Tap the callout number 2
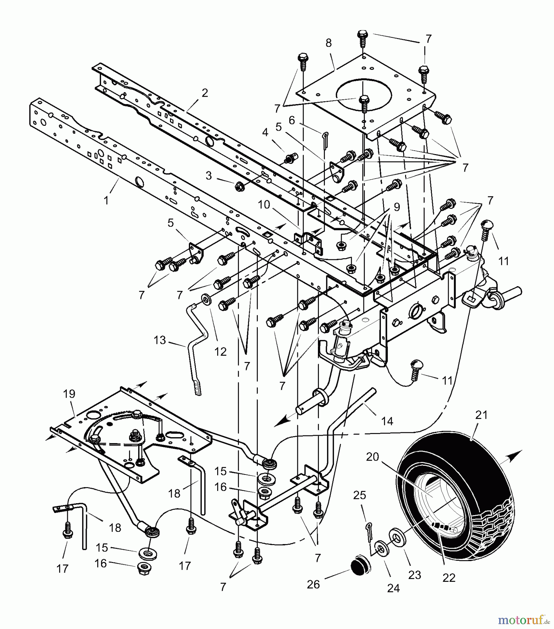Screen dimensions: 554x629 pos(205,93)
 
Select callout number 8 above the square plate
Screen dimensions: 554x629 pos(328,43)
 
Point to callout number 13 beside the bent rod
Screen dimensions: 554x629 pos(160,340)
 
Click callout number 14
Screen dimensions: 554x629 pos(387,421)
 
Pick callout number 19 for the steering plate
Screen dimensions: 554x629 pos(69,394)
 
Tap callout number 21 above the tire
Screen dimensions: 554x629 pos(481,415)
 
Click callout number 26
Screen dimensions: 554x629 pos(313,584)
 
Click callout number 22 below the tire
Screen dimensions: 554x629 pos(449,578)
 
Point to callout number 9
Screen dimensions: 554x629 pos(397,207)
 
